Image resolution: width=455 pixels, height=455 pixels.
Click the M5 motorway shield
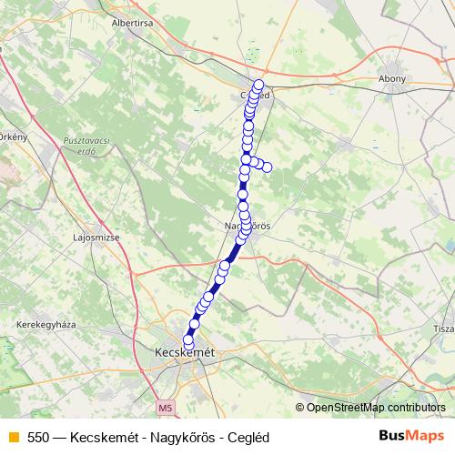163,407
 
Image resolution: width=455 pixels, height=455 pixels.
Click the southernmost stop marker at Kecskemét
189,340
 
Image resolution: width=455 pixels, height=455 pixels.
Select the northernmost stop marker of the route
258,85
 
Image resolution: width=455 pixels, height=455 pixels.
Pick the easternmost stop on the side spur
268,166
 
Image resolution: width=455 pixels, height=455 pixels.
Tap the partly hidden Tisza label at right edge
444,329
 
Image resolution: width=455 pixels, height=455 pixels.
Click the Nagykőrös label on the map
248,225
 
